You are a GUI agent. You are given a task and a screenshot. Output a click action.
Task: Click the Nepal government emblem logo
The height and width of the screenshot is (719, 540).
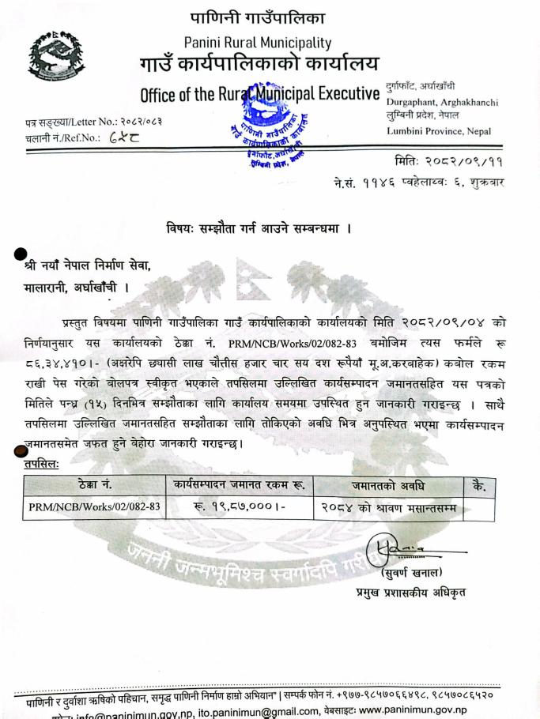(55, 56)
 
